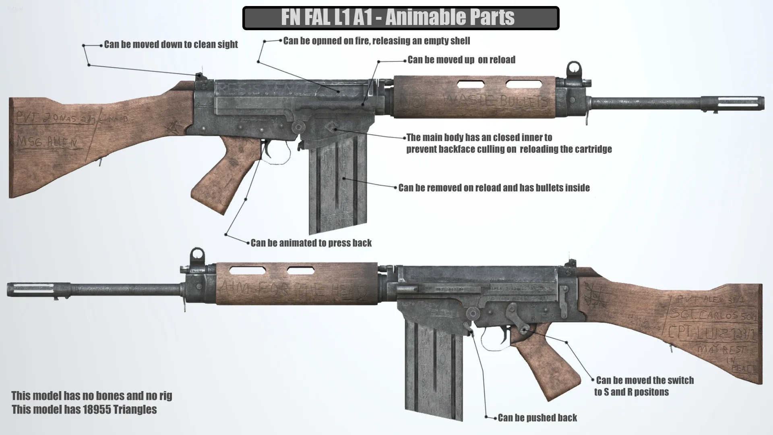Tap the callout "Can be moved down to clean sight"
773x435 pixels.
click(171, 44)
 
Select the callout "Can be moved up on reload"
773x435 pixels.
click(461, 60)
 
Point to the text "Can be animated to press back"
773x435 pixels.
click(311, 243)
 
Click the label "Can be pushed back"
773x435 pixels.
click(537, 418)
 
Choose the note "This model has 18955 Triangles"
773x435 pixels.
click(84, 410)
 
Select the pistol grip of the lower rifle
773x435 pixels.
click(548, 362)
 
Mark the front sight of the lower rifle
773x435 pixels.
click(197, 257)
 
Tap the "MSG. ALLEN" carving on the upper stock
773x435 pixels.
click(48, 142)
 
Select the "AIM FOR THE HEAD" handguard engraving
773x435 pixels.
click(293, 290)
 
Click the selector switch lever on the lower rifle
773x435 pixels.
click(519, 320)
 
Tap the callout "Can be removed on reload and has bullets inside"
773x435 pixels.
click(494, 188)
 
